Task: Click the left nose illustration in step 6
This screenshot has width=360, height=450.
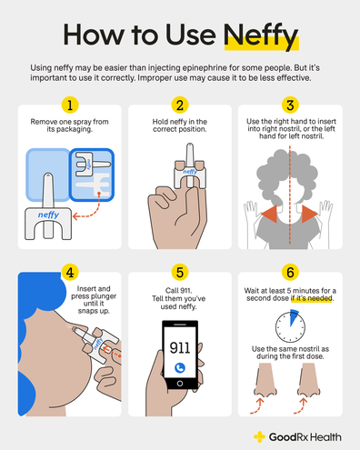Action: [262, 382]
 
